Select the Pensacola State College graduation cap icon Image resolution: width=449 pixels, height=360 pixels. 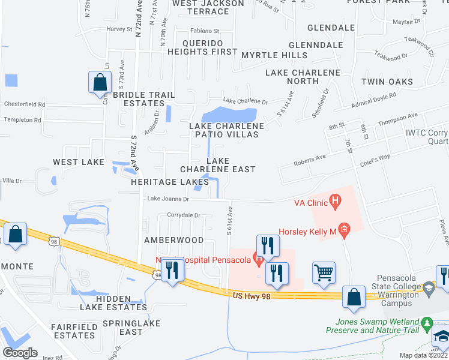(x=428, y=290)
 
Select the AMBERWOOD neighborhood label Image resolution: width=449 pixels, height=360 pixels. (x=174, y=240)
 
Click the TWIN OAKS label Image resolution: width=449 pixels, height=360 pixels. (x=387, y=82)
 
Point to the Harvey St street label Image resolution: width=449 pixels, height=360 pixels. (x=119, y=29)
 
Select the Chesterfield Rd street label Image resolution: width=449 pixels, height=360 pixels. (x=25, y=104)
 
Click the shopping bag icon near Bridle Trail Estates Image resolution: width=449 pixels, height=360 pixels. (x=100, y=82)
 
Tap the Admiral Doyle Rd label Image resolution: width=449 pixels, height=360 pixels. (x=373, y=101)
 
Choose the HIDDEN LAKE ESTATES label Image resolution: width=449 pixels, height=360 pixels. (x=113, y=303)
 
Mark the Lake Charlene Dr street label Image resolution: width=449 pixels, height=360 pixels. (x=245, y=101)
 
